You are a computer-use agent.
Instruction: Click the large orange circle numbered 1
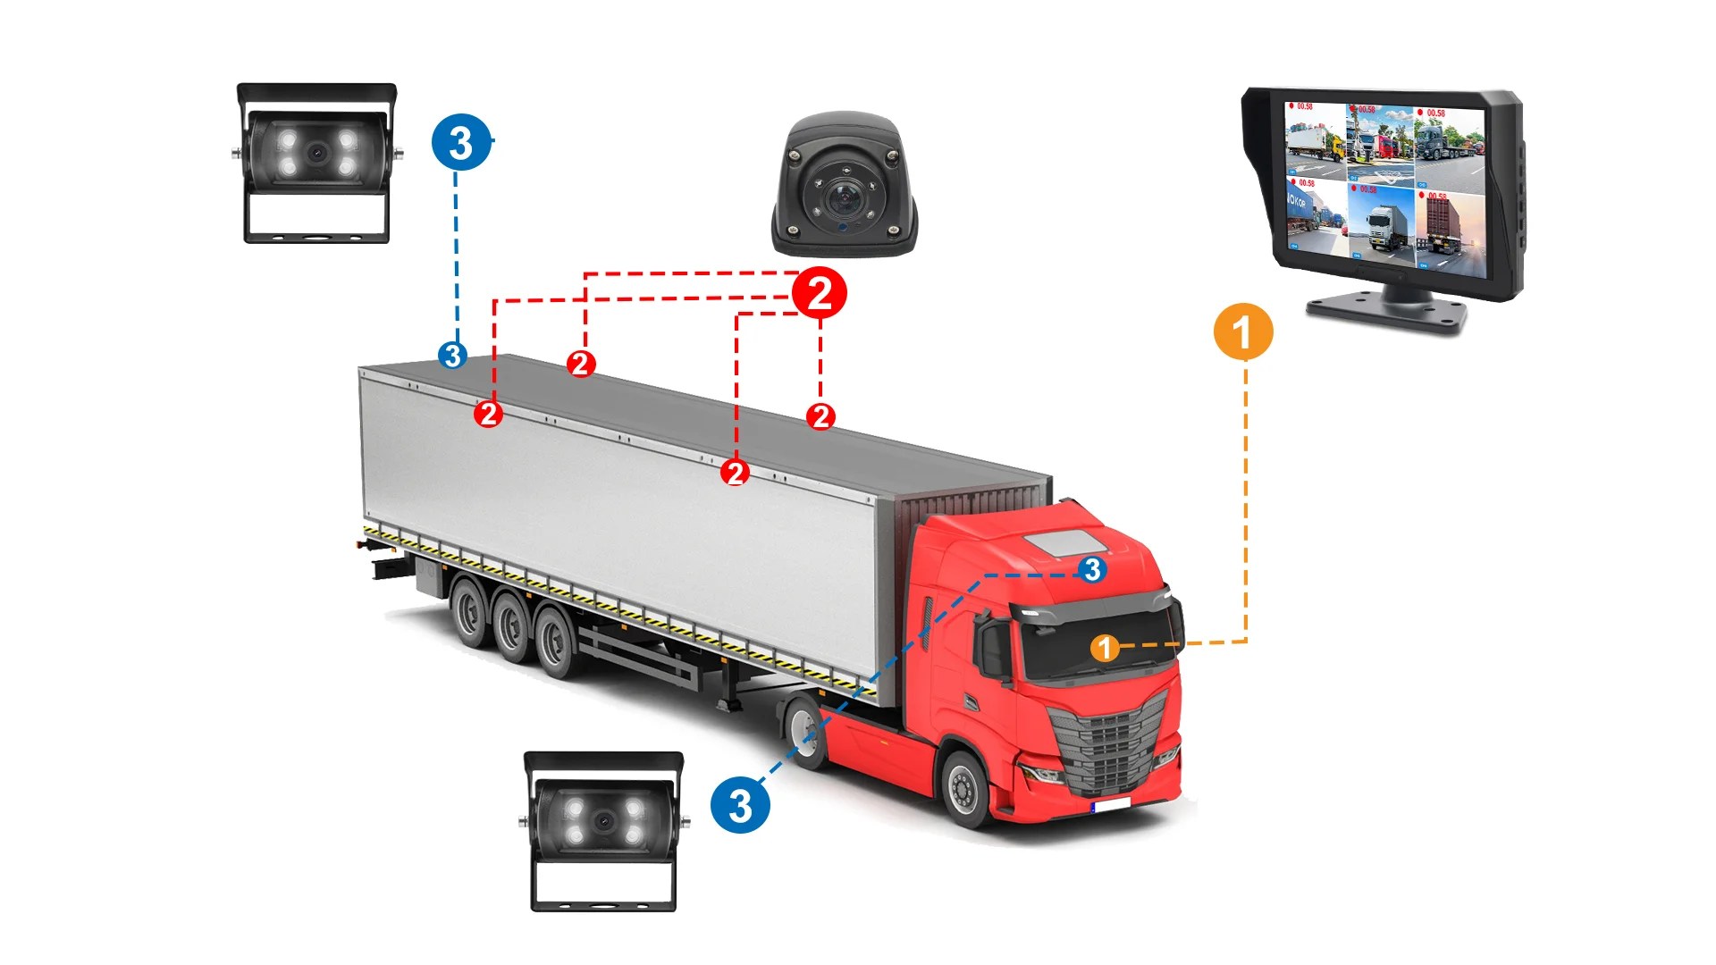pyautogui.click(x=1242, y=331)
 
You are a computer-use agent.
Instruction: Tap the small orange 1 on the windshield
pyautogui.click(x=1105, y=648)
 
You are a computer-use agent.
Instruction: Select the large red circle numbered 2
pyautogui.click(x=820, y=293)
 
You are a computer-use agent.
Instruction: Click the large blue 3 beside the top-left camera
pyautogui.click(x=461, y=142)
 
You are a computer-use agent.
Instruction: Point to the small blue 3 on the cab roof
pyautogui.click(x=1092, y=569)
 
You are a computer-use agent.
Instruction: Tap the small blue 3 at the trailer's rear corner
pyautogui.click(x=453, y=356)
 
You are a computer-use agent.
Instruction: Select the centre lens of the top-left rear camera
pyautogui.click(x=316, y=153)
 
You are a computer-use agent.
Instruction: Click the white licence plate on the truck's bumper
pyautogui.click(x=1111, y=806)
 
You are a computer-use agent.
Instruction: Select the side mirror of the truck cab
pyautogui.click(x=992, y=648)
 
